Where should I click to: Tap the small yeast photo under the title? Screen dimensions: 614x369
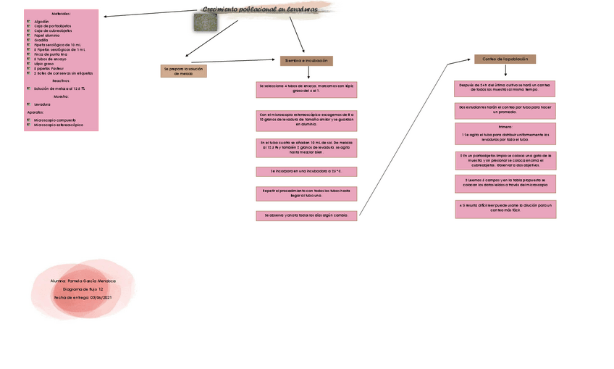[x=205, y=22]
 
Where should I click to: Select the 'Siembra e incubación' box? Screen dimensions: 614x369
[x=306, y=61]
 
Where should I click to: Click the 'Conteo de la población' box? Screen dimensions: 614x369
[x=505, y=59]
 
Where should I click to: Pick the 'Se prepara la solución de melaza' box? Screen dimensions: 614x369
[x=183, y=71]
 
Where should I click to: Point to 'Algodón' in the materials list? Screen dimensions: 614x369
[x=42, y=22]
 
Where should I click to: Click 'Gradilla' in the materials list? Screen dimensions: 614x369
[x=42, y=41]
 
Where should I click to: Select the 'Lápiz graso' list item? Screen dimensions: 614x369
[x=44, y=64]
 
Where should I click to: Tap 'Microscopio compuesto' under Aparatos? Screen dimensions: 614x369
[x=55, y=120]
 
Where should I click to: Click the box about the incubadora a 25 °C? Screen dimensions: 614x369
[x=306, y=172]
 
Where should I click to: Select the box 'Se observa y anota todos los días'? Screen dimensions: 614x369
[x=306, y=215]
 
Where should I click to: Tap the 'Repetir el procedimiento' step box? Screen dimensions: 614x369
[x=306, y=194]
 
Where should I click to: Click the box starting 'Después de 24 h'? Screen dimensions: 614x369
[x=505, y=88]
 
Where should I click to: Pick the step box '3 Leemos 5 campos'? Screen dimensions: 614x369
[x=505, y=183]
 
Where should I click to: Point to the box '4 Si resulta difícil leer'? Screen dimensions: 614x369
[x=505, y=209]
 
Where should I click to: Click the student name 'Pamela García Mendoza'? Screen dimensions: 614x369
[x=83, y=281]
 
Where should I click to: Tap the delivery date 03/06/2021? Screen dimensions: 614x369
[x=83, y=297]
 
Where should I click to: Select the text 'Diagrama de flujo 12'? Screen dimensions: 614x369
[x=83, y=289]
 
